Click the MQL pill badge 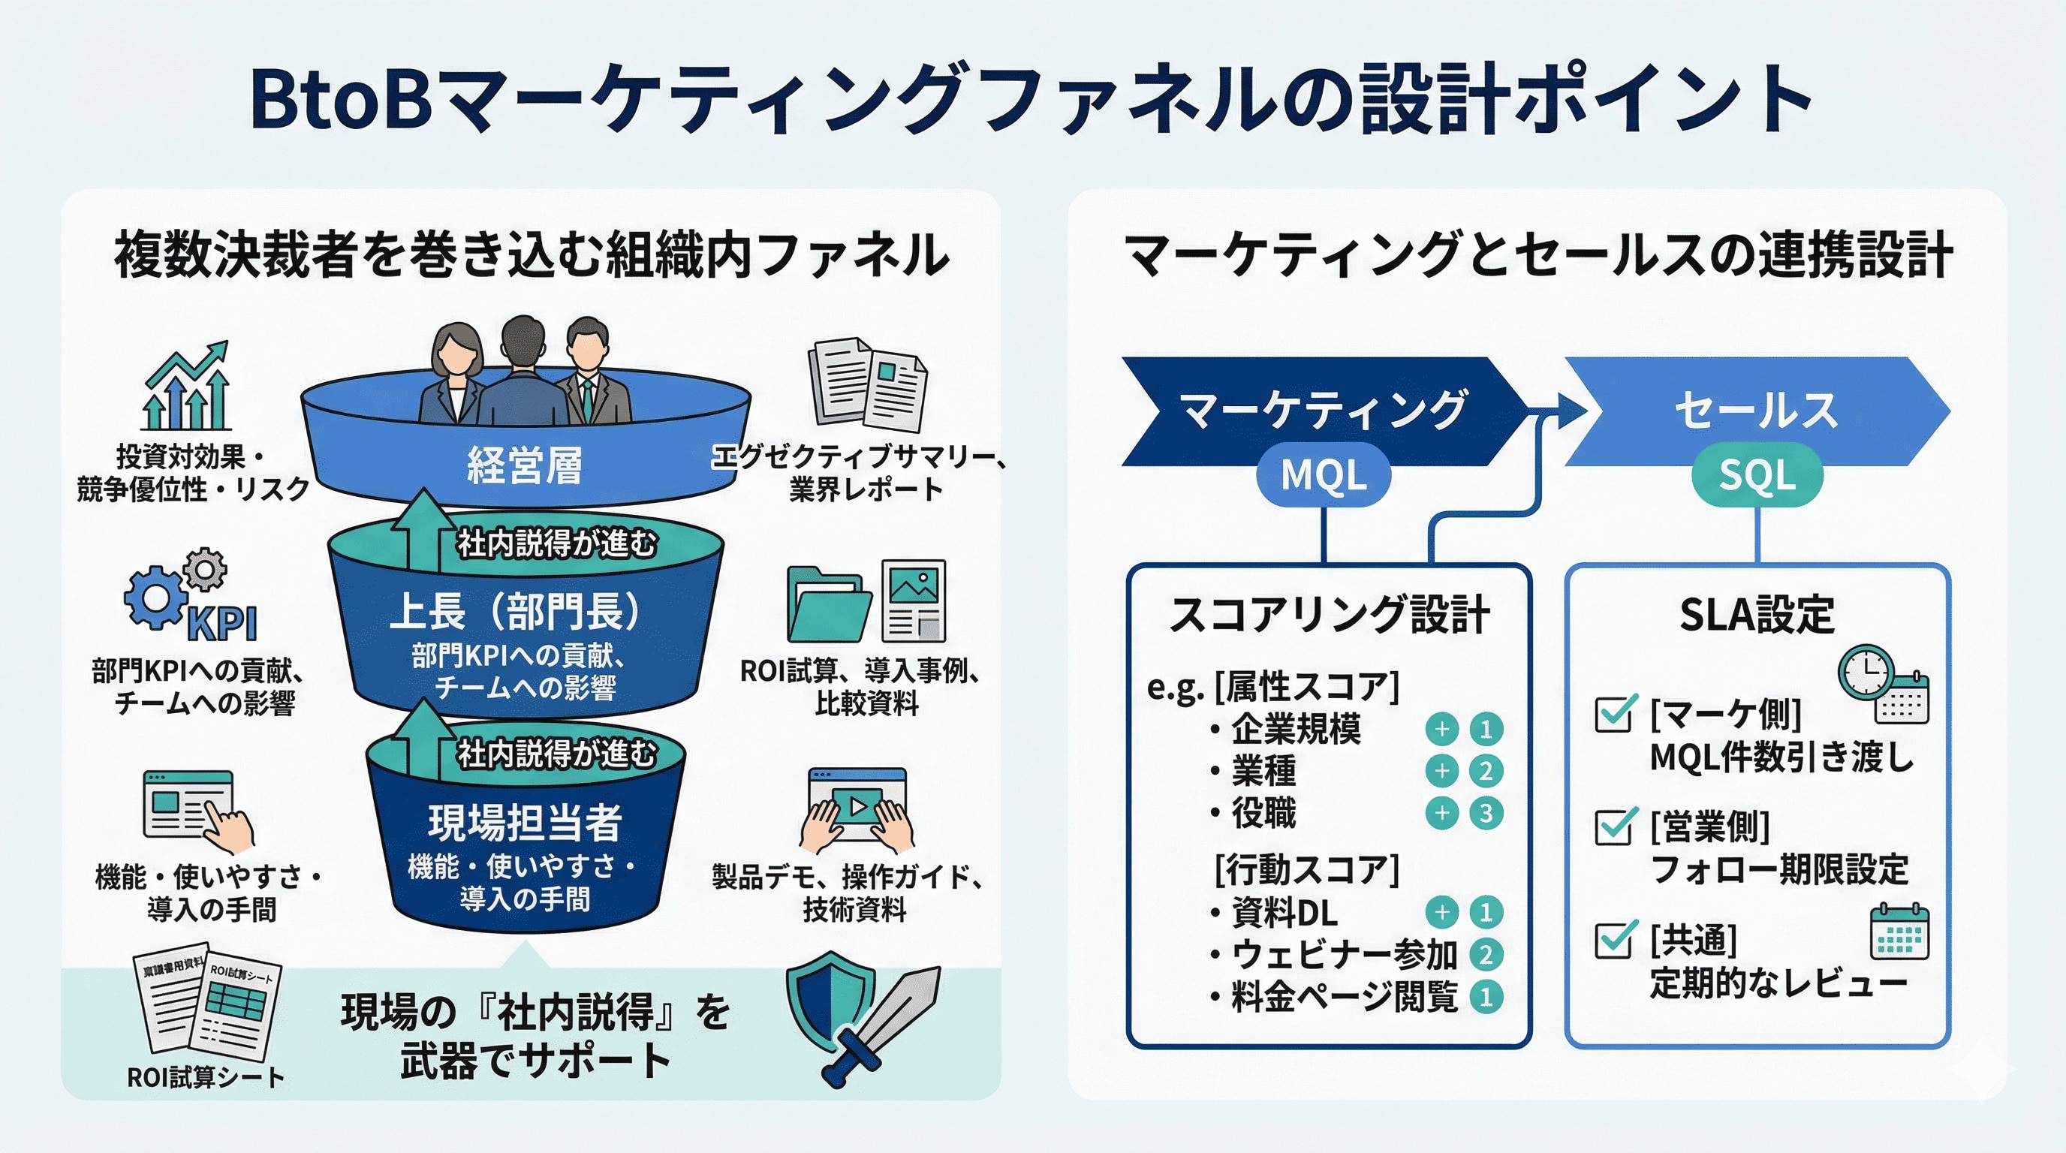coord(1323,474)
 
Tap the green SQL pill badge coord(1757,474)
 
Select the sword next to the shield coord(886,1022)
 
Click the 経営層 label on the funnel coord(526,465)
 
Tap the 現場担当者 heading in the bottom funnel coord(526,822)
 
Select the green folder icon coord(827,605)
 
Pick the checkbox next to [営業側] coord(1613,826)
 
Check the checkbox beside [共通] coord(1613,939)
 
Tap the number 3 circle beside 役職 coord(1486,813)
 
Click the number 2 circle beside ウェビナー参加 coord(1486,955)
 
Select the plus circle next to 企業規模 coord(1441,729)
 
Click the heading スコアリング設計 coord(1329,615)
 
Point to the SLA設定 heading coord(1757,615)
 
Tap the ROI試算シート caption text coord(205,1077)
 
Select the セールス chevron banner coord(1757,411)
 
